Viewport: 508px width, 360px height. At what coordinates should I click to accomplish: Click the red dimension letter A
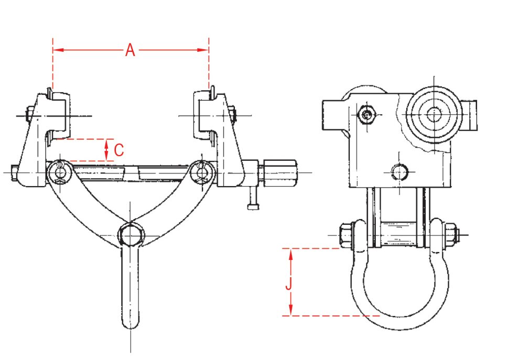(x=131, y=50)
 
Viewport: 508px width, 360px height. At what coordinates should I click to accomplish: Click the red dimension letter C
(x=119, y=150)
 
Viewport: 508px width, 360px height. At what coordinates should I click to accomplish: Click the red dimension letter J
(x=288, y=285)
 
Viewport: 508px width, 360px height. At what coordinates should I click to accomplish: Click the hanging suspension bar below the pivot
(x=130, y=293)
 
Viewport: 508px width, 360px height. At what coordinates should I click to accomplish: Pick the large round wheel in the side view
(x=434, y=114)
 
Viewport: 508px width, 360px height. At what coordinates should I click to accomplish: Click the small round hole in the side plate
(x=399, y=171)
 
